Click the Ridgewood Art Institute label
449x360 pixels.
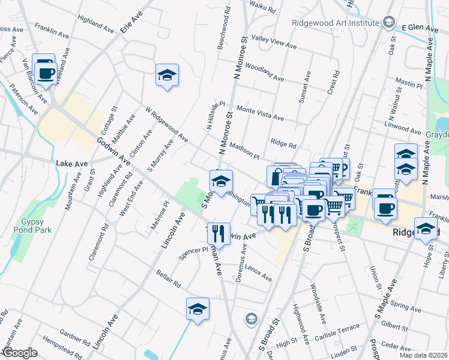[x=335, y=23]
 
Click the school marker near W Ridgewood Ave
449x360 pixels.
[x=167, y=76]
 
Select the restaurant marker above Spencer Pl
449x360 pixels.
[x=220, y=233]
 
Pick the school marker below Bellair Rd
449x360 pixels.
[x=197, y=309]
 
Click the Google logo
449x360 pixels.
[x=19, y=353]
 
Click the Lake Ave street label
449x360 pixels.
[x=68, y=163]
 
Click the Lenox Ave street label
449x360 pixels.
[x=258, y=274]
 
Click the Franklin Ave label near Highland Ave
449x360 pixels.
[x=49, y=28]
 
